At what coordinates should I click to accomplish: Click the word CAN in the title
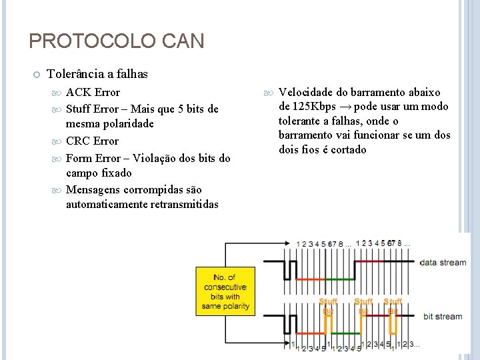[182, 41]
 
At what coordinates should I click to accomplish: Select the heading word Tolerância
[76, 74]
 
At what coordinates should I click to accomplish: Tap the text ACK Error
[93, 92]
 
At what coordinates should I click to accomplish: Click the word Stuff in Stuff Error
[79, 109]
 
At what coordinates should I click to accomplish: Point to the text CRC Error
[92, 141]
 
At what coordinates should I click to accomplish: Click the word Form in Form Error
[79, 158]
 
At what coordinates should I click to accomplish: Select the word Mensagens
[93, 189]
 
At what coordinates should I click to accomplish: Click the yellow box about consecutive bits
[224, 291]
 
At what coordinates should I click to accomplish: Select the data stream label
[443, 262]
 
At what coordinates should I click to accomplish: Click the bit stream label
[443, 316]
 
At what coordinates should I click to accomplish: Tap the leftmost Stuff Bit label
[328, 306]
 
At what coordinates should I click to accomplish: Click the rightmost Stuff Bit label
[393, 306]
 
